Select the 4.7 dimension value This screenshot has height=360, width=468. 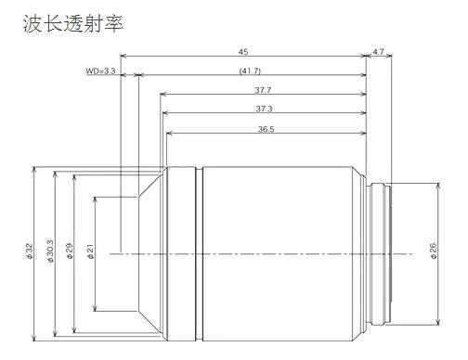click(x=378, y=52)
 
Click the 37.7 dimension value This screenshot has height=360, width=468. click(x=263, y=90)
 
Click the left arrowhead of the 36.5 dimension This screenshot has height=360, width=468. click(x=170, y=135)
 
